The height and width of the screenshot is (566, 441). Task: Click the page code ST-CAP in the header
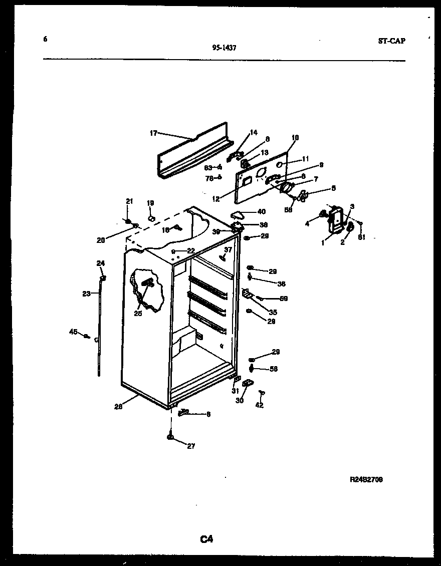point(391,41)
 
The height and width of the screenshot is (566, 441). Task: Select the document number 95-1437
point(224,48)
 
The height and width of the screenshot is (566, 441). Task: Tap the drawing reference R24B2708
point(366,479)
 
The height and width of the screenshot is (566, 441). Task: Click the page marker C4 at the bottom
point(207,539)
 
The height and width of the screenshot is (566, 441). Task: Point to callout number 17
point(153,133)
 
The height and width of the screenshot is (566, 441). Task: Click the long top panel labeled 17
point(193,153)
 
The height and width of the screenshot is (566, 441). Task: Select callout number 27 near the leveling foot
point(191,446)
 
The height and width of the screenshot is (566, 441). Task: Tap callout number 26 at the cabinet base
point(118,407)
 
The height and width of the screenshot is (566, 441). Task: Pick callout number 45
point(73,331)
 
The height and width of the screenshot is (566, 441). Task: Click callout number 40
point(261,211)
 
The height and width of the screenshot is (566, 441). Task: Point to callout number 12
point(216,199)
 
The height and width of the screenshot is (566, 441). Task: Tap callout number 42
point(259,405)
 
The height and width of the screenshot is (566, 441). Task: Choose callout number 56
point(273,369)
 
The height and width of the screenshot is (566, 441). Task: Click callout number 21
point(129,201)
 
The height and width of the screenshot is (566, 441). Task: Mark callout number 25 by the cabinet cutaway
point(137,314)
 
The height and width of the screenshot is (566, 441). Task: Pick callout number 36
point(281,284)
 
